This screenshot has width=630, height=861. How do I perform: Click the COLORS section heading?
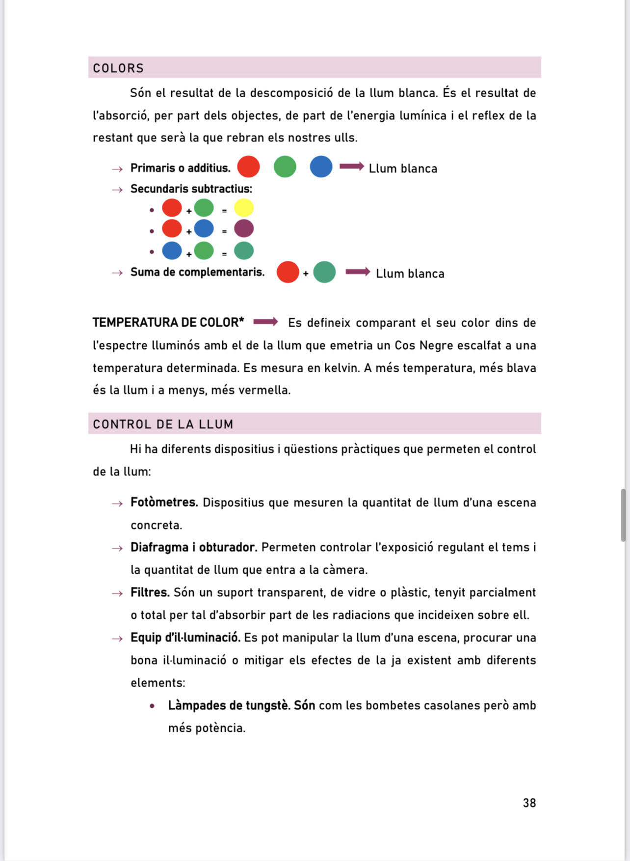118,68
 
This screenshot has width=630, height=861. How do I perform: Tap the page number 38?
529,803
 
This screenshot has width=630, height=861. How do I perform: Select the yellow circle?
244,208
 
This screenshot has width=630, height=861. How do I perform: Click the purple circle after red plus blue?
244,229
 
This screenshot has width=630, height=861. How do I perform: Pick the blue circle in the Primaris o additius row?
321,167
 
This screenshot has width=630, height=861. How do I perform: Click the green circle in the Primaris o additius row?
285,167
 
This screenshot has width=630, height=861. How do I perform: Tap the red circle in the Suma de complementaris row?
288,272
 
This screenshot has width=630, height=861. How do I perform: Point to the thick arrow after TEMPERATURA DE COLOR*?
265,322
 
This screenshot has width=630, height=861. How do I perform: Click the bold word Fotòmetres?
164,502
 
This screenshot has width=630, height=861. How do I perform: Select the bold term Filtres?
150,592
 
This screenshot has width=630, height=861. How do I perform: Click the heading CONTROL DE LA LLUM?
163,424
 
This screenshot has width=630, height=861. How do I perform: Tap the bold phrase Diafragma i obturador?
193,547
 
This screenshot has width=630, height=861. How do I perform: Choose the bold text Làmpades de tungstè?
229,705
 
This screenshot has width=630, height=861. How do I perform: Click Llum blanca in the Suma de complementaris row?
410,274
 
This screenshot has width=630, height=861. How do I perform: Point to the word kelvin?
341,368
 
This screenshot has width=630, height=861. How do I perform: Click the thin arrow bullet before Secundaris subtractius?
117,190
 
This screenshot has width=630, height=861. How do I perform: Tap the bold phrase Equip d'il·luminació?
185,638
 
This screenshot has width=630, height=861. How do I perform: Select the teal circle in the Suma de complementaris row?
324,272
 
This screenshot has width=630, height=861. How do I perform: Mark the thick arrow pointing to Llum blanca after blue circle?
351,167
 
